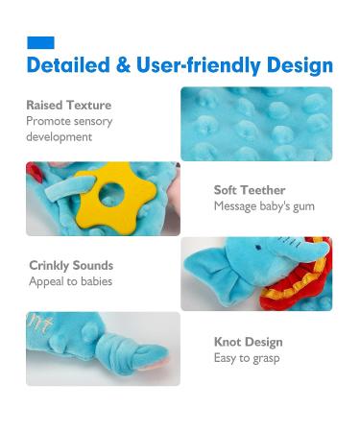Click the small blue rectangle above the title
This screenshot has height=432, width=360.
click(40, 42)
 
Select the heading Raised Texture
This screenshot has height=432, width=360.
click(69, 105)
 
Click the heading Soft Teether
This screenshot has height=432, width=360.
click(250, 190)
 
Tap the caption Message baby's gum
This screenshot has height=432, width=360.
click(264, 206)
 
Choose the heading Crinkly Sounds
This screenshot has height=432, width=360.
click(71, 265)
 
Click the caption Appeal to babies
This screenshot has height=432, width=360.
click(70, 281)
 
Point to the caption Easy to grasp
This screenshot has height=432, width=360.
click(248, 357)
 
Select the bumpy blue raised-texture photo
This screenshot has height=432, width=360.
click(256, 124)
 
